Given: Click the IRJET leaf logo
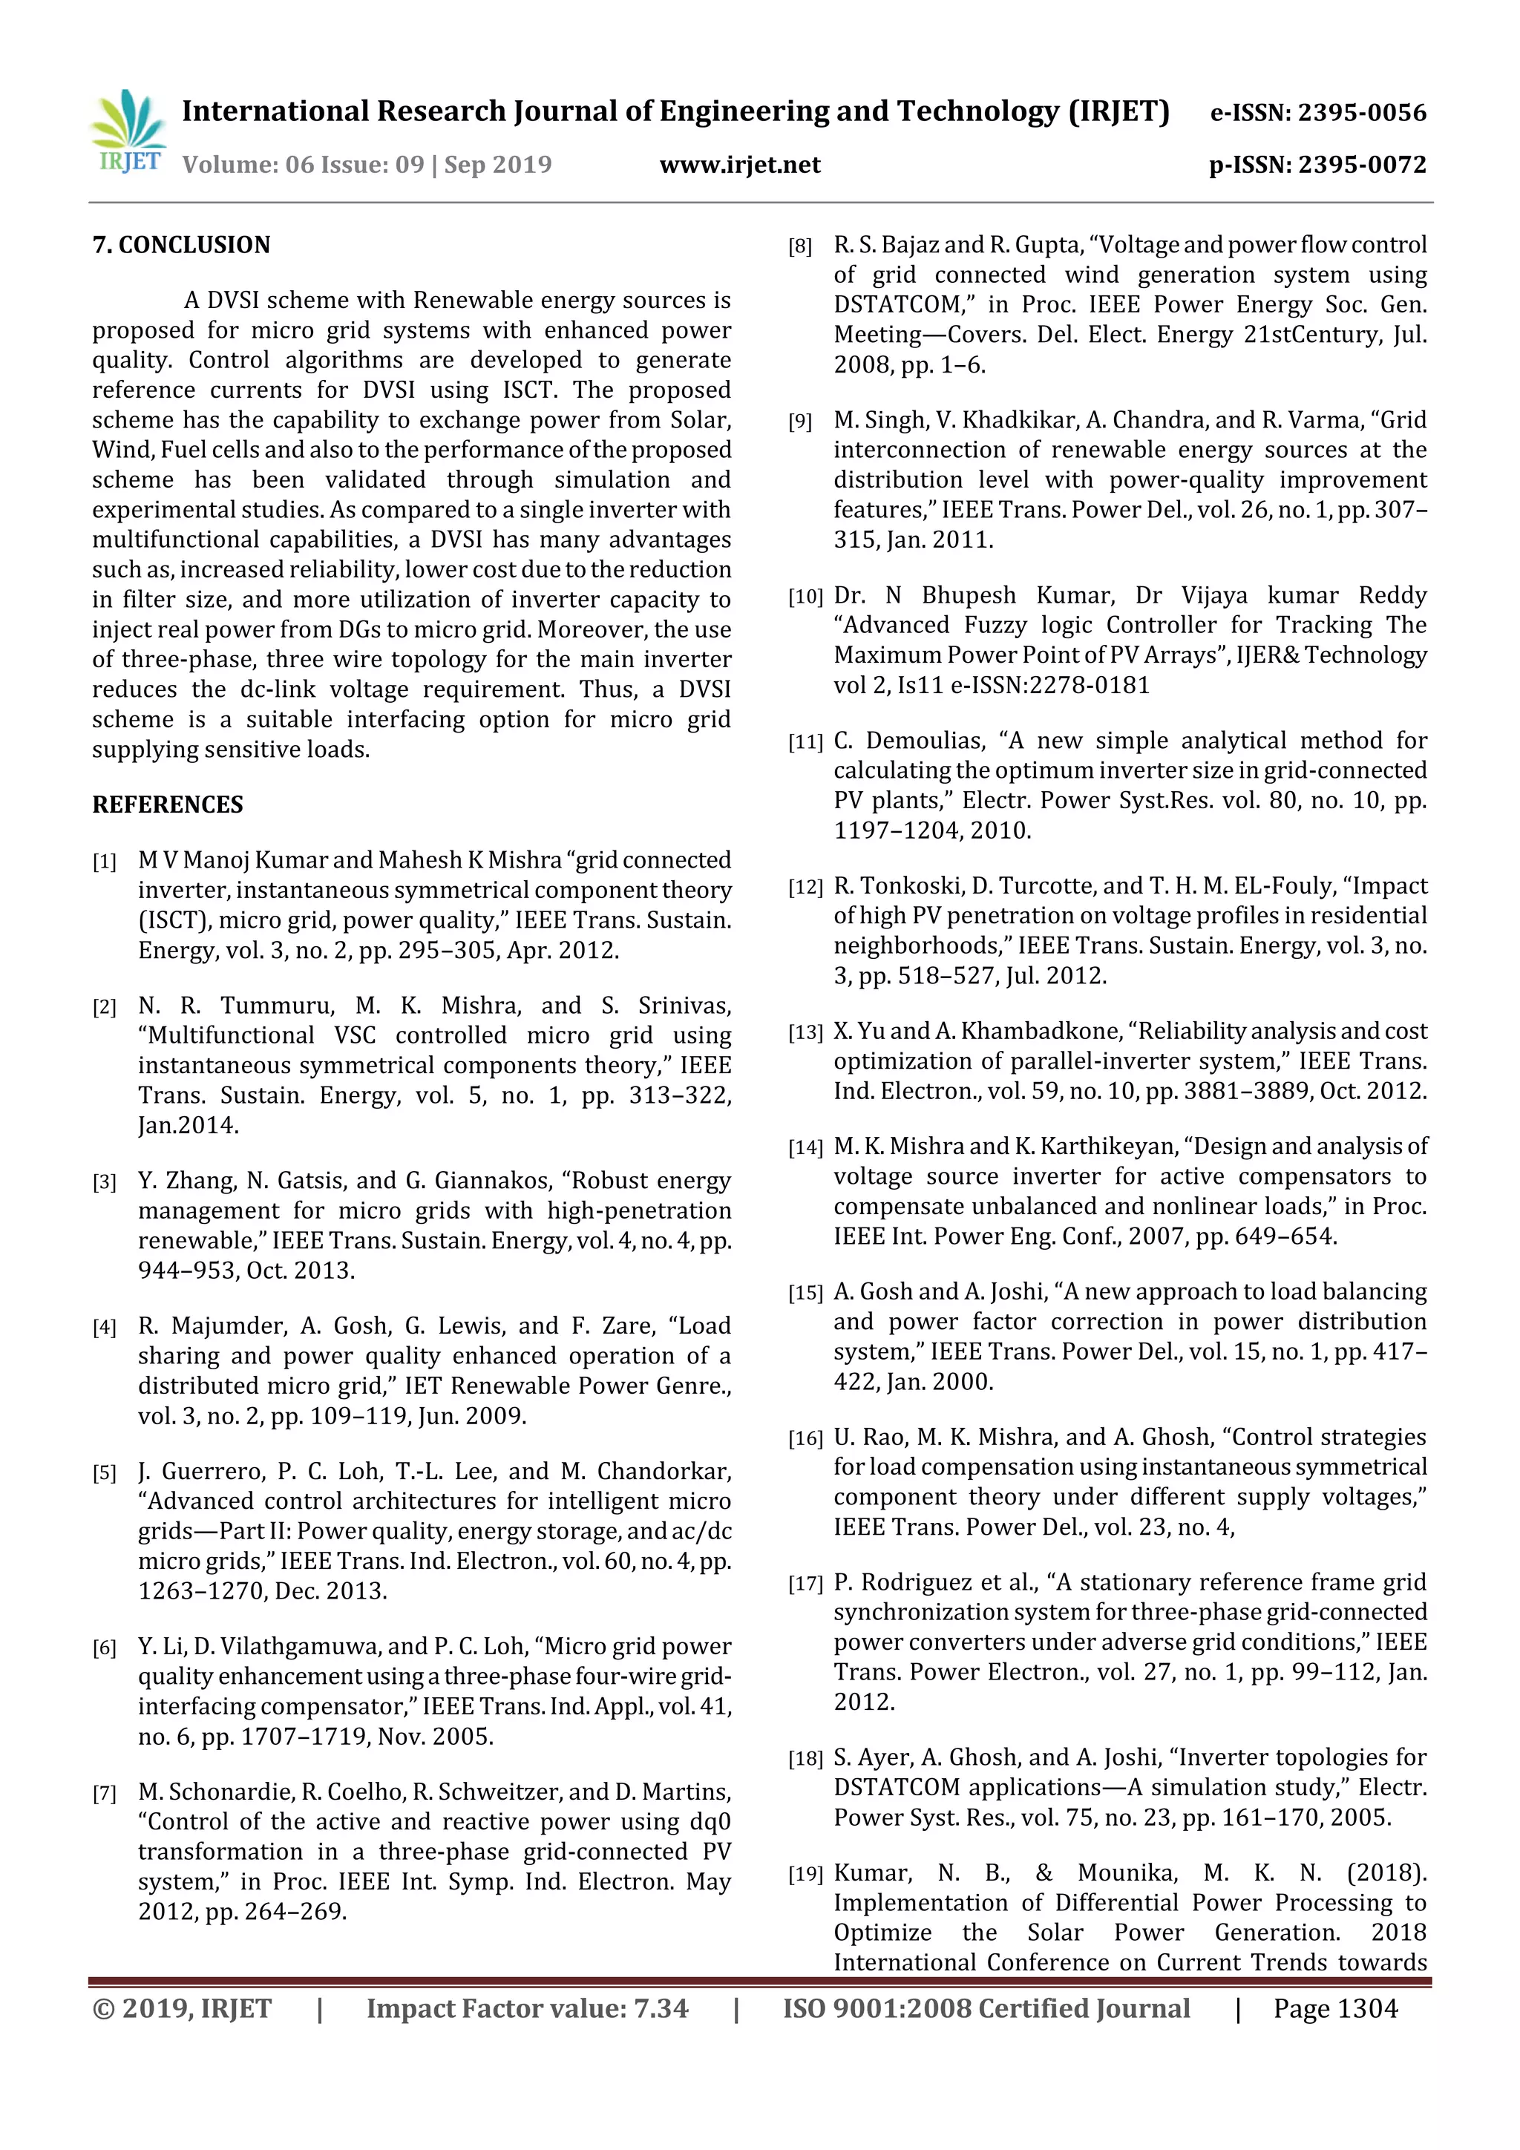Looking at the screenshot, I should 129,131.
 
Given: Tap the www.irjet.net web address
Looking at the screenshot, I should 740,165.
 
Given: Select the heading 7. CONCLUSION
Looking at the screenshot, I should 181,246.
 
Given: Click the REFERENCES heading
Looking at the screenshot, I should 167,805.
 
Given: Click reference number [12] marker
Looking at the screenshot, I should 805,888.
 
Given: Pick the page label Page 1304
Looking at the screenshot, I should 1334,2008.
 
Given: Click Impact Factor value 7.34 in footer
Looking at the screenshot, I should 526,2008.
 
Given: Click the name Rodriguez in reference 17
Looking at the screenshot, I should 916,1582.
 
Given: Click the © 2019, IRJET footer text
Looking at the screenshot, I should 182,2008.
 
